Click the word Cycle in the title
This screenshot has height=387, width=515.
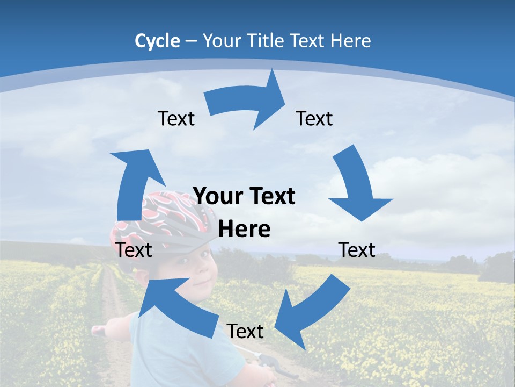tap(157, 41)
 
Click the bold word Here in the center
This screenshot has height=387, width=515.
tap(244, 230)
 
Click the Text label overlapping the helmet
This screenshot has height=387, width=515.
tap(134, 250)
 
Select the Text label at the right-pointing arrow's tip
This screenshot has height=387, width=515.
tap(314, 119)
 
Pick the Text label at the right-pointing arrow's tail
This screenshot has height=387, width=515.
tap(176, 119)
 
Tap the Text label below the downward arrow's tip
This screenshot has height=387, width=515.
tap(357, 250)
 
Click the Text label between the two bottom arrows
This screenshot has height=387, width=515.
tap(245, 332)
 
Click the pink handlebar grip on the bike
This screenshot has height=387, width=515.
tap(98, 331)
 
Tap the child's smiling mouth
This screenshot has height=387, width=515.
tap(200, 283)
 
